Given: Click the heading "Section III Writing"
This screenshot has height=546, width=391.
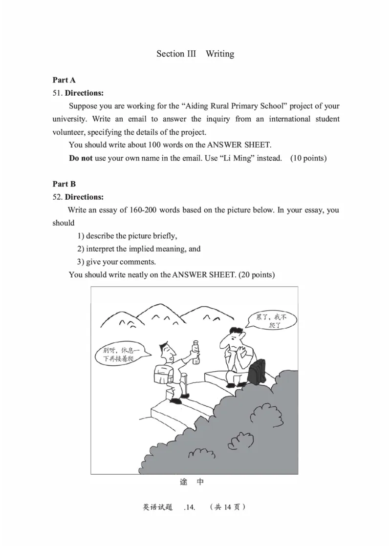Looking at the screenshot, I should point(195,54).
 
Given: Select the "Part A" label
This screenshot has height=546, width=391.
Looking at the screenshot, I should point(64,80).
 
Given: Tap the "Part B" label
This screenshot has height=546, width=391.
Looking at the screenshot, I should point(64,184).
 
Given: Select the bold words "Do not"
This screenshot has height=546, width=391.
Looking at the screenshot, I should point(81,158).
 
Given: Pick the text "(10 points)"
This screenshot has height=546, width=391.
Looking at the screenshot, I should point(308,158).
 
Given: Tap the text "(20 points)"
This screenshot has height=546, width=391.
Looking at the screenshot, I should point(256,275).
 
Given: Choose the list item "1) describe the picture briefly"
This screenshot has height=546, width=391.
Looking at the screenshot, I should point(127,236).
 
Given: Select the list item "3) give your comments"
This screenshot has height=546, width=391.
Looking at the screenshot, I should point(117,262).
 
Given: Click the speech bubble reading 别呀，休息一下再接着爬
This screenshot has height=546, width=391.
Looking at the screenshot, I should point(120,354).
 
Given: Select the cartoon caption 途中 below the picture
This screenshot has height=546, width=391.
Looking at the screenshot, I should point(192,482).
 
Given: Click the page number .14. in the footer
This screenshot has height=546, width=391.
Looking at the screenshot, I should point(190,507).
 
